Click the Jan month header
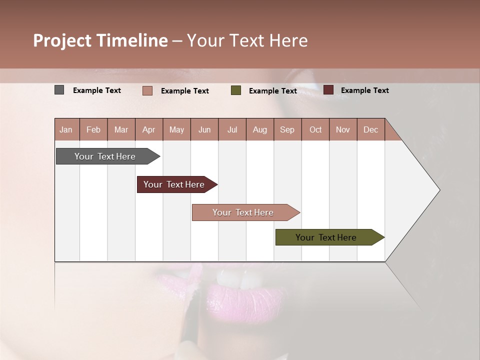tap(66, 129)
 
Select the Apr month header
tap(148, 129)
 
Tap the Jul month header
tap(232, 129)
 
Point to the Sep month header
tap(287, 129)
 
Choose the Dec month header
tap(370, 129)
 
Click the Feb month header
tap(93, 129)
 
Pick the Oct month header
tap(315, 129)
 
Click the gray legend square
tap(59, 90)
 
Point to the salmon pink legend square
tap(147, 90)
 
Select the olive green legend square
tap(236, 90)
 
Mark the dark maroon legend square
tap(328, 90)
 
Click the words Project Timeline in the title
tap(100, 40)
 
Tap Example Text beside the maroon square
tap(364, 90)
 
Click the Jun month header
tap(204, 129)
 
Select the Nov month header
tap(343, 129)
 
